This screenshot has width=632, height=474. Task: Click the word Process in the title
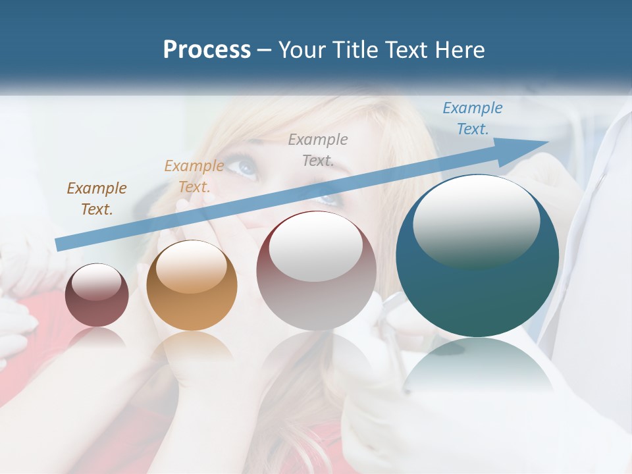pyautogui.click(x=207, y=50)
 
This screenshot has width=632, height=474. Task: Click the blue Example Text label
pyautogui.click(x=472, y=118)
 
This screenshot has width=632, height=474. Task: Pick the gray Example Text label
pyautogui.click(x=318, y=149)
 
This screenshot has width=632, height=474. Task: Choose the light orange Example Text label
pyautogui.click(x=194, y=176)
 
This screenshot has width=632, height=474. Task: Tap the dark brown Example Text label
pyautogui.click(x=97, y=199)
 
